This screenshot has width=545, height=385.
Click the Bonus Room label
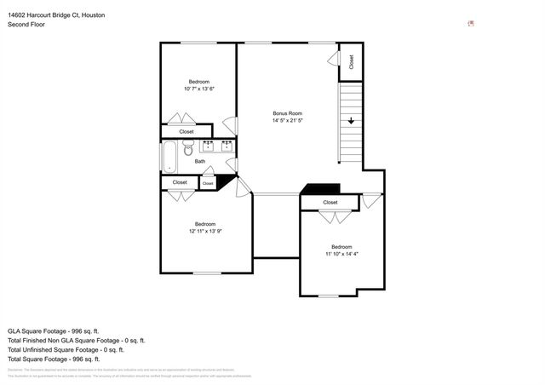[287, 113]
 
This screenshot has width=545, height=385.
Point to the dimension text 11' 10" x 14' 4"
[341, 254]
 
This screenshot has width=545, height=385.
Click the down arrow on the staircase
[350, 122]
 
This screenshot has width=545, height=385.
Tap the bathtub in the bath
[169, 158]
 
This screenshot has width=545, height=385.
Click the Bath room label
[200, 161]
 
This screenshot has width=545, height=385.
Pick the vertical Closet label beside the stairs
[351, 62]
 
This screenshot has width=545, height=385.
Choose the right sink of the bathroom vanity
[227, 147]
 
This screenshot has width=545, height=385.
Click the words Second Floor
[26, 26]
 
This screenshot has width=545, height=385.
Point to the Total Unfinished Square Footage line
[66, 349]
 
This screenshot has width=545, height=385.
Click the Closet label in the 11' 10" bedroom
[330, 203]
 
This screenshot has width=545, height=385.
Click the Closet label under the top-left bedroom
[186, 132]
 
